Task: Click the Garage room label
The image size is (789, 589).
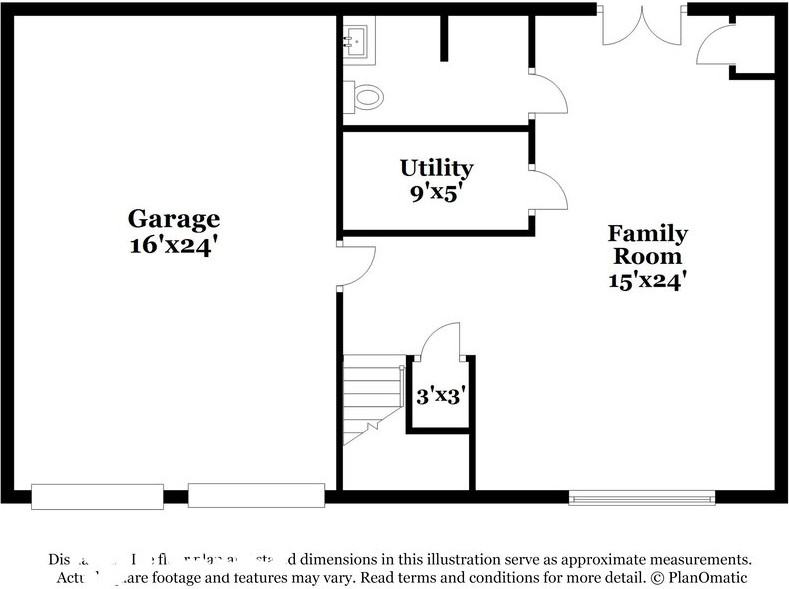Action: (173, 218)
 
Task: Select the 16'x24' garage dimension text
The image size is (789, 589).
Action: (173, 245)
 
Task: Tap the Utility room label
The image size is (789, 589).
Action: (436, 168)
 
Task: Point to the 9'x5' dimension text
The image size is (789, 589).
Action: (436, 193)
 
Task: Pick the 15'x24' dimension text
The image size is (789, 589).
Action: (647, 281)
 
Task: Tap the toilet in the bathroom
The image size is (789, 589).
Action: (365, 97)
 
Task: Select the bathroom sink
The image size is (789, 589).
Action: (356, 41)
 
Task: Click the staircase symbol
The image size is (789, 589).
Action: (372, 396)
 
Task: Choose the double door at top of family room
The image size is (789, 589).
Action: (641, 26)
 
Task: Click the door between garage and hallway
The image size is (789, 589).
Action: (355, 266)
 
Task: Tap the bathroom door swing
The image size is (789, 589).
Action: (548, 93)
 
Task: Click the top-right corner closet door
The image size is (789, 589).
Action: (716, 45)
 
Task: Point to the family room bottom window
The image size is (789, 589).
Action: (642, 497)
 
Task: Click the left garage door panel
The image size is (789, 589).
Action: (97, 496)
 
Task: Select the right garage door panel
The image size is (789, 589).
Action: (256, 495)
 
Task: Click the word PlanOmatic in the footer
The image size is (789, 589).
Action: (707, 578)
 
